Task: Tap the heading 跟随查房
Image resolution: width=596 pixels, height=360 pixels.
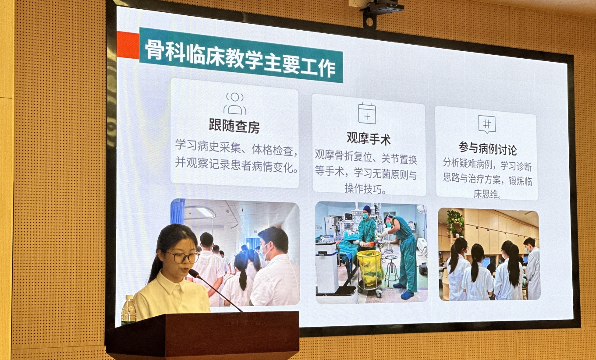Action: click(234, 126)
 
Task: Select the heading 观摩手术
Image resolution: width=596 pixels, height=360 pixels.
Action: click(369, 138)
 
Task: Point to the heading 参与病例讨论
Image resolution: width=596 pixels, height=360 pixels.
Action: click(488, 149)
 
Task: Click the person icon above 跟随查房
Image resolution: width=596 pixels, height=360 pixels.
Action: click(235, 103)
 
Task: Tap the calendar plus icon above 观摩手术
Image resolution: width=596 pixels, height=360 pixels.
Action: click(367, 113)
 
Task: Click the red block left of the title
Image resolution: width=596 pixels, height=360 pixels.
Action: click(128, 45)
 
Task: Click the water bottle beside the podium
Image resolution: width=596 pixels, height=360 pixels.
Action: click(128, 310)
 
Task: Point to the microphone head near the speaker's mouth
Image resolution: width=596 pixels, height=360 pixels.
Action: click(194, 273)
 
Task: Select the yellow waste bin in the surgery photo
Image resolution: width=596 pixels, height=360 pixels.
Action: click(370, 268)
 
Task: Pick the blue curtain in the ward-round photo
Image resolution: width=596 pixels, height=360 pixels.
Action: click(177, 212)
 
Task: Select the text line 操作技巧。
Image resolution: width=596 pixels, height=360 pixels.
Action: click(365, 189)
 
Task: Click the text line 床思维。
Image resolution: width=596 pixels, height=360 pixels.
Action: click(487, 194)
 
